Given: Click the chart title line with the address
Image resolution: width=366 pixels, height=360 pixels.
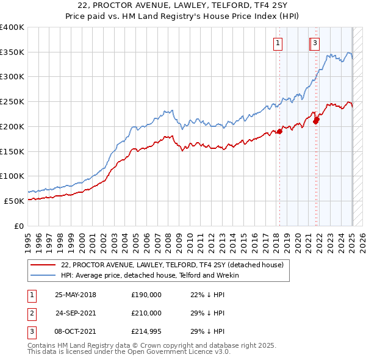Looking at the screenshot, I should (x=183, y=5).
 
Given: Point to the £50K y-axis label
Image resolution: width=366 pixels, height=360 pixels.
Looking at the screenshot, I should (x=14, y=201).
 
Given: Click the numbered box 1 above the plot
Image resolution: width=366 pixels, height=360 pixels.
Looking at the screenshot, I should (x=278, y=43).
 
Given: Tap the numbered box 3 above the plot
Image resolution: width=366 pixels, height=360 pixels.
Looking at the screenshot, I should (x=315, y=43).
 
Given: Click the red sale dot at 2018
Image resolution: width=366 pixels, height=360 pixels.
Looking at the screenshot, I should (x=280, y=131).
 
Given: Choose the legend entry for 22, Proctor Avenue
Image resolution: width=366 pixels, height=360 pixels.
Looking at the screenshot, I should (x=173, y=265).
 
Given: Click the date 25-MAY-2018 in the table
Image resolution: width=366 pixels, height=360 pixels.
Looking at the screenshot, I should (x=76, y=295).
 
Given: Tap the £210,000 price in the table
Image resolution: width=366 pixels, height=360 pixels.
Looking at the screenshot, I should (x=146, y=313).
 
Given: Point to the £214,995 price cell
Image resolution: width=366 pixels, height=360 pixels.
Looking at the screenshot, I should (x=146, y=331).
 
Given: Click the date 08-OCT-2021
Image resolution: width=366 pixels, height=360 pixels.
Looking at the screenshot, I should (x=76, y=331).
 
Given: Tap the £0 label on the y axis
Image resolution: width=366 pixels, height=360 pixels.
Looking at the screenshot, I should (x=18, y=226).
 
